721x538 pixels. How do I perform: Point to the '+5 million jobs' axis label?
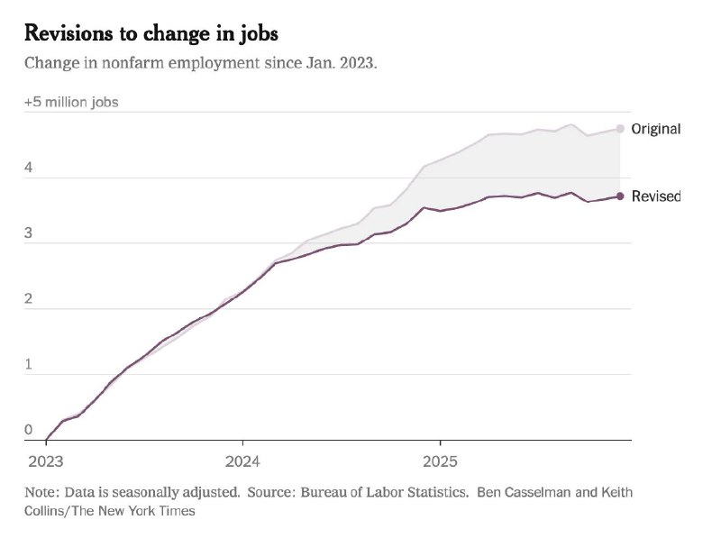(x=71, y=102)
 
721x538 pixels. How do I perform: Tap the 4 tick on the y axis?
(x=28, y=168)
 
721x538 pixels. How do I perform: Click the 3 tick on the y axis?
(x=28, y=233)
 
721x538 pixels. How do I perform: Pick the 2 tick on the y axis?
(x=28, y=299)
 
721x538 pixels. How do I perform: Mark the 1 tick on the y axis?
(x=28, y=365)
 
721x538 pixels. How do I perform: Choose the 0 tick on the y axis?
(x=28, y=430)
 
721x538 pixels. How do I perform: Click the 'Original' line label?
(x=655, y=129)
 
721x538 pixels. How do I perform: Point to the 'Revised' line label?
(x=655, y=196)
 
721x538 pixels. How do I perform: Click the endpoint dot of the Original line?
(x=620, y=129)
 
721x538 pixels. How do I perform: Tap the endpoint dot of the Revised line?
(x=620, y=196)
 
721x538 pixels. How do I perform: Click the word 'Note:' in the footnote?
(x=41, y=493)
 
